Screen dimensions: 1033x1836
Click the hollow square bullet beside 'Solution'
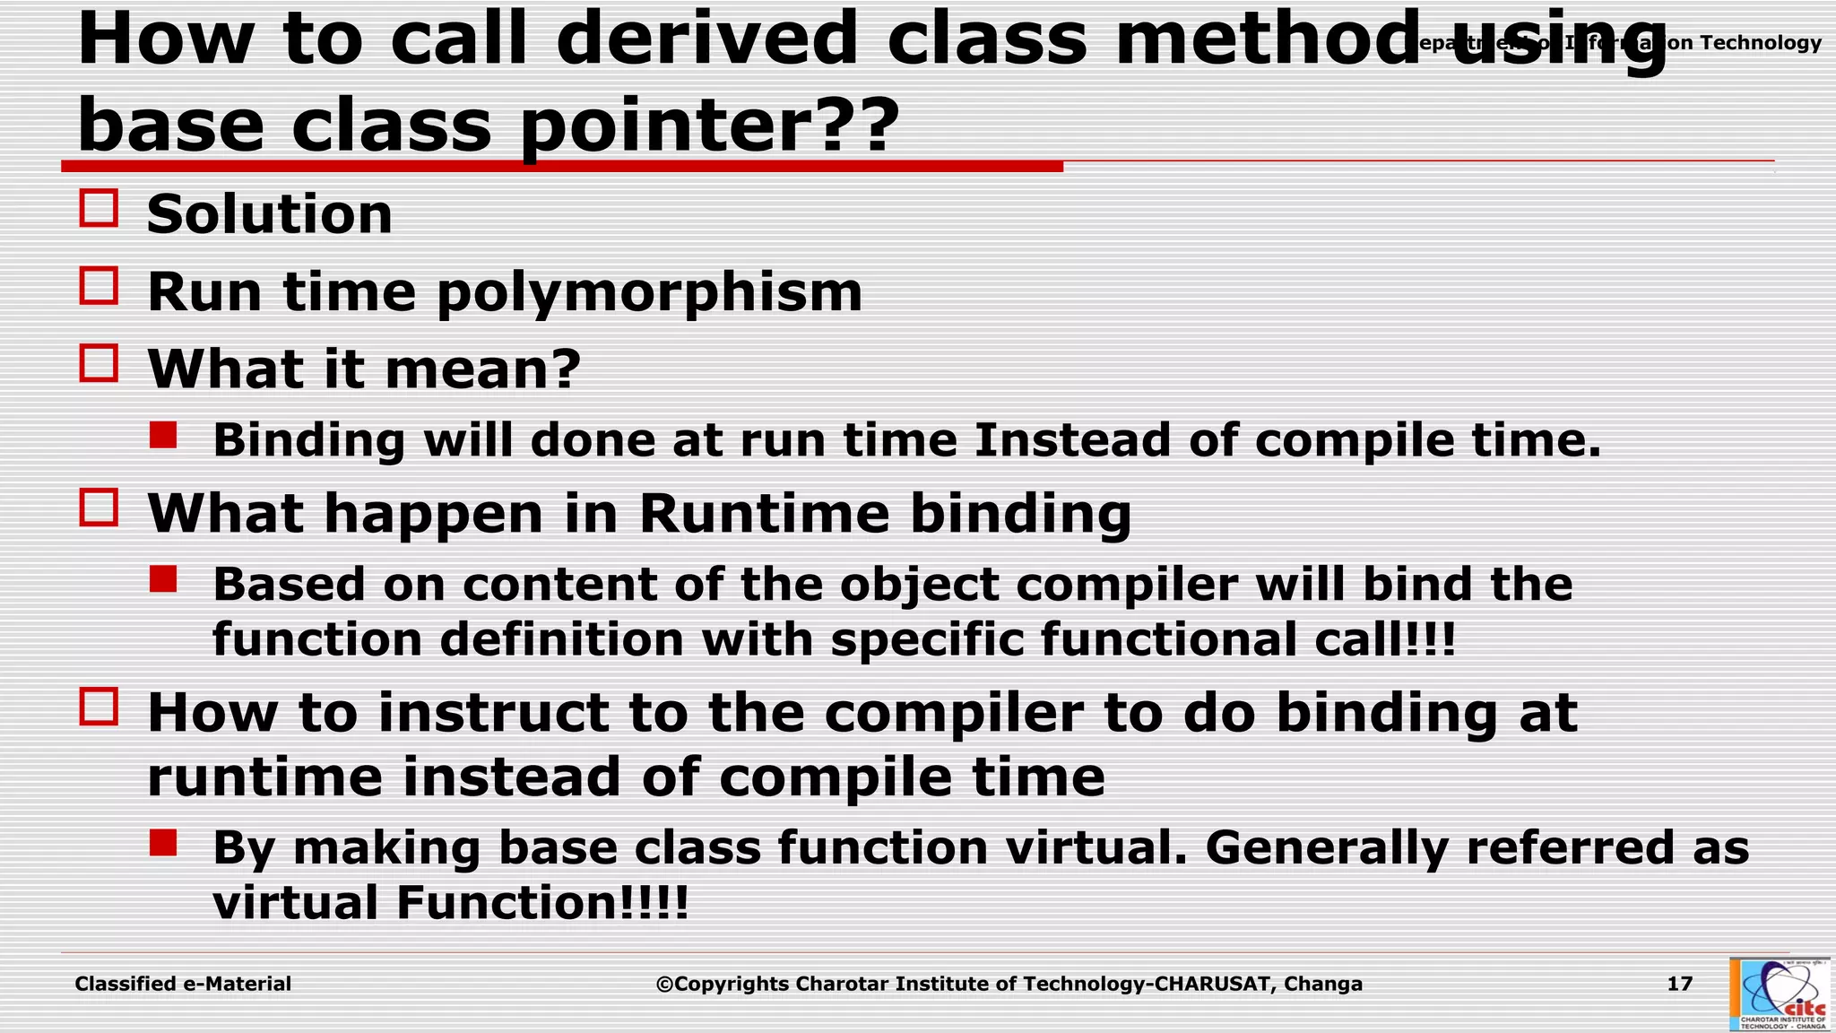coord(99,208)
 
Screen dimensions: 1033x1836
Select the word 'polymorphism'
coord(649,292)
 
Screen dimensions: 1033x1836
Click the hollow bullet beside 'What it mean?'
coord(99,363)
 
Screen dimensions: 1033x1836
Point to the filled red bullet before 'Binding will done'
coord(163,436)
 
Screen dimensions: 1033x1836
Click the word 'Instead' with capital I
coord(1072,440)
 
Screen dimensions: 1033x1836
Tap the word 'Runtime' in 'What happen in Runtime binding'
coord(764,514)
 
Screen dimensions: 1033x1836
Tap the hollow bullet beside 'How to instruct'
coord(99,707)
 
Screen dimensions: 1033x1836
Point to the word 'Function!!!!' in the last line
coord(542,902)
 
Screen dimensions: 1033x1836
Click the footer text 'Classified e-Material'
coord(183,984)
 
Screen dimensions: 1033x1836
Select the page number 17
coord(1679,984)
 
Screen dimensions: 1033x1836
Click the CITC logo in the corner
coord(1779,994)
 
